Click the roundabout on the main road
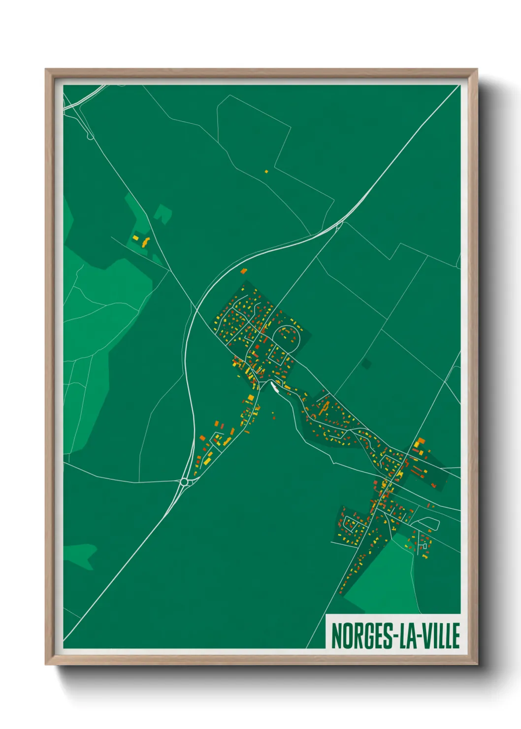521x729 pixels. [185, 482]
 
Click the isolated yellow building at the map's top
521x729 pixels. [266, 171]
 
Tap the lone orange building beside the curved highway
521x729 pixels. [243, 270]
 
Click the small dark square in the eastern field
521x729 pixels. [366, 364]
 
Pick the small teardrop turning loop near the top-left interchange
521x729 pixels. [90, 135]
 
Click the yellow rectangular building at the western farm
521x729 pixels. [135, 238]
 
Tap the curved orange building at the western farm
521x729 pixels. [145, 242]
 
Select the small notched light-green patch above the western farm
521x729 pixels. [163, 214]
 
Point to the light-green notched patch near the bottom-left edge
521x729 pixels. [81, 554]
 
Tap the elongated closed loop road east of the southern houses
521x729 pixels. [425, 521]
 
